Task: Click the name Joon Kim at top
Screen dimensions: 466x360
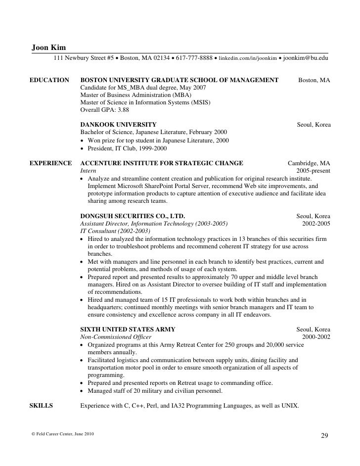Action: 48,47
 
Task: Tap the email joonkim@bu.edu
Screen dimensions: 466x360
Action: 305,58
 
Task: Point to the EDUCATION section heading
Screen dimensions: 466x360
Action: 49,80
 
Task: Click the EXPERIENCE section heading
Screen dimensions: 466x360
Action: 51,163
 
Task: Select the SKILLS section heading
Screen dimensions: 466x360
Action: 42,406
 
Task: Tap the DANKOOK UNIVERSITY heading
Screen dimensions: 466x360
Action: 118,125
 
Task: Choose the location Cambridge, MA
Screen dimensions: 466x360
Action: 309,163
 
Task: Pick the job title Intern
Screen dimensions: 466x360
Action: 89,171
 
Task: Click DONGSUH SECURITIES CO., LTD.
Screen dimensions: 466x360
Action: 133,216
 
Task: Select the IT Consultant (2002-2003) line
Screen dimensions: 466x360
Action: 115,231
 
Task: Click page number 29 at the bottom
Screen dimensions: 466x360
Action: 324,435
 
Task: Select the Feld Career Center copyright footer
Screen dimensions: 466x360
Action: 60,434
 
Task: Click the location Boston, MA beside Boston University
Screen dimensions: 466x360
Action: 314,80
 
